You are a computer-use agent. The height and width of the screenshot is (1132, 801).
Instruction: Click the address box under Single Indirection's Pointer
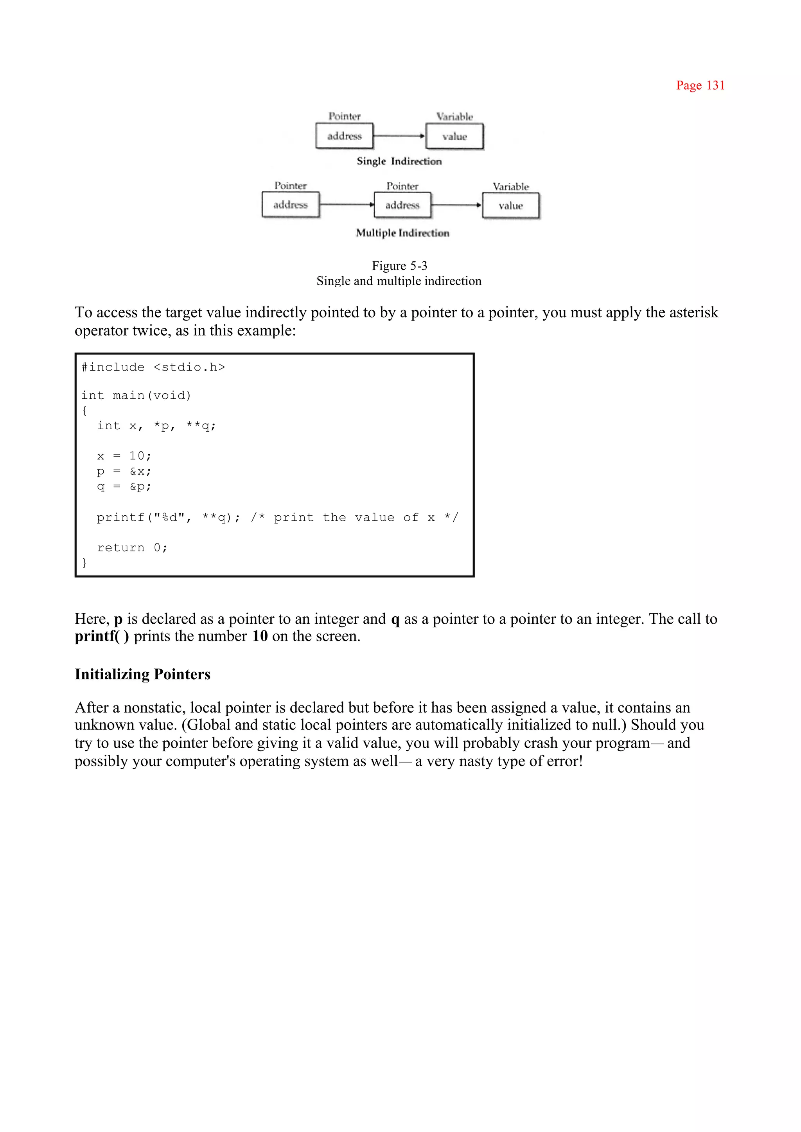pos(344,136)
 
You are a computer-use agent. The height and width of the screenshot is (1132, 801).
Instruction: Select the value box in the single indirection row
pos(454,136)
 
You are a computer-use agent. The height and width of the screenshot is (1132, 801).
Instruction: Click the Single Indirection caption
pos(399,161)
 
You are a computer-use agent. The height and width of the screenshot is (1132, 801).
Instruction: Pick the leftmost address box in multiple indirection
pos(291,205)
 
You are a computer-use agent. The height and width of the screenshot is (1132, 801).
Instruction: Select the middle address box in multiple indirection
pos(402,205)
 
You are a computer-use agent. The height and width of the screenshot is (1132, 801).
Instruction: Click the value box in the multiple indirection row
pos(510,206)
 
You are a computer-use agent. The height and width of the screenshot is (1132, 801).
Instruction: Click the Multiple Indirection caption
pos(402,233)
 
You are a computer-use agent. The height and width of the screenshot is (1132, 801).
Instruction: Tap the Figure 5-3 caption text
pos(399,266)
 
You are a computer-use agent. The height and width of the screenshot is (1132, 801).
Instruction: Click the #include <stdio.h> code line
pos(153,367)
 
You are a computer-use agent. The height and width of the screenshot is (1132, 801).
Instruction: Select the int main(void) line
pos(136,395)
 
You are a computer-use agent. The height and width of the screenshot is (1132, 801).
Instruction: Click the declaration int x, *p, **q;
pos(156,426)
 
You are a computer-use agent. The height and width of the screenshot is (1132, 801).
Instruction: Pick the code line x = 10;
pos(124,456)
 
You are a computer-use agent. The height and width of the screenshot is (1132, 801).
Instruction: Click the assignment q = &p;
pos(124,486)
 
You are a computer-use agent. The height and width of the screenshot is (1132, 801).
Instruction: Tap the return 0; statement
pos(132,548)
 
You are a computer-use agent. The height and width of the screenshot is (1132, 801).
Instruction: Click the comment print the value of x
pos(354,518)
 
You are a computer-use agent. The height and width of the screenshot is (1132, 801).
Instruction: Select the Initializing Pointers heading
pos(142,674)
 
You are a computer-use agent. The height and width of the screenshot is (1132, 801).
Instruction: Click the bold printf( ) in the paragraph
pos(102,636)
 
